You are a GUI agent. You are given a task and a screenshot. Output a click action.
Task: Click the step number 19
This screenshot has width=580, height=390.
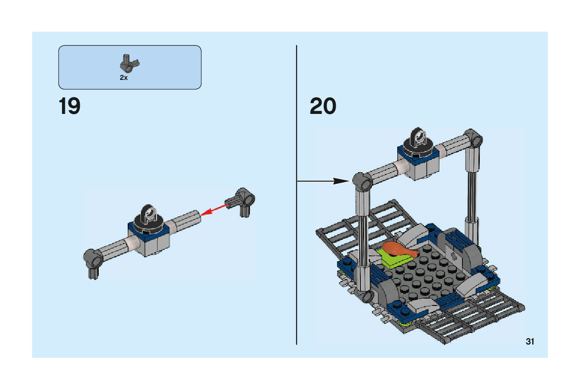click(x=69, y=107)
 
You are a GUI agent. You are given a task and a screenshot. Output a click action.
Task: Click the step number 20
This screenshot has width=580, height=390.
click(x=323, y=107)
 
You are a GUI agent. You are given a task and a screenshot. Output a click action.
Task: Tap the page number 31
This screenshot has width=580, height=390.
click(x=530, y=342)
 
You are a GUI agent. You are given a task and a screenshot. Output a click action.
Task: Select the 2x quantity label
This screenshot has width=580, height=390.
click(x=124, y=78)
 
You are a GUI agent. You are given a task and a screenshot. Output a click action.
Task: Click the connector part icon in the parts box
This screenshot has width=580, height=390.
click(x=130, y=64)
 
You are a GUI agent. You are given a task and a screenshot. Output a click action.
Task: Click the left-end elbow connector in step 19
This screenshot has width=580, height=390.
click(x=94, y=262)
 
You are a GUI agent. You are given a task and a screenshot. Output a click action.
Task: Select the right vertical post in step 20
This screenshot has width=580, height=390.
click(x=471, y=193)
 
